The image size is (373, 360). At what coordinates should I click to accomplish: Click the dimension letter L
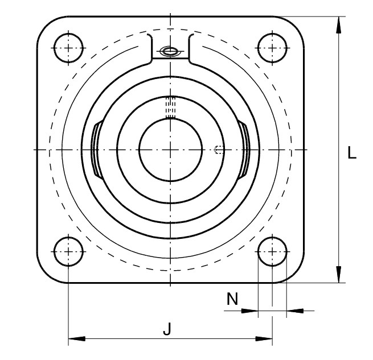(352, 152)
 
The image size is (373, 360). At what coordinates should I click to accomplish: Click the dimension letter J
(167, 329)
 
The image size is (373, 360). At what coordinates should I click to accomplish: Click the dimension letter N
(232, 299)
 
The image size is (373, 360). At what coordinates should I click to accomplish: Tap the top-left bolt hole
(68, 48)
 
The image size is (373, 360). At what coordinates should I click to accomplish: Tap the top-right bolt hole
(272, 48)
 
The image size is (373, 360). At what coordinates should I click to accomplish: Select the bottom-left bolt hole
(68, 251)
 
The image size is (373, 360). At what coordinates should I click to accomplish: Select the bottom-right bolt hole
(272, 251)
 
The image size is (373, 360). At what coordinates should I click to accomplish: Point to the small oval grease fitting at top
(169, 51)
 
